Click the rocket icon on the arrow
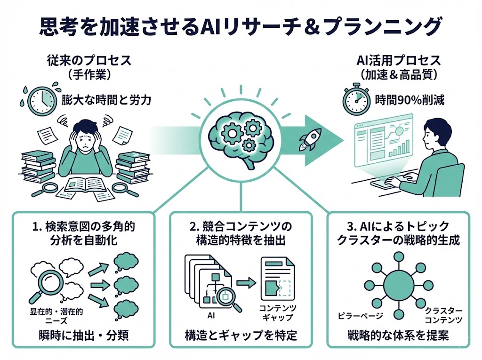click(309, 139)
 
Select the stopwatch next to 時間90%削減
click(356, 100)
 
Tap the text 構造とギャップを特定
click(241, 336)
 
